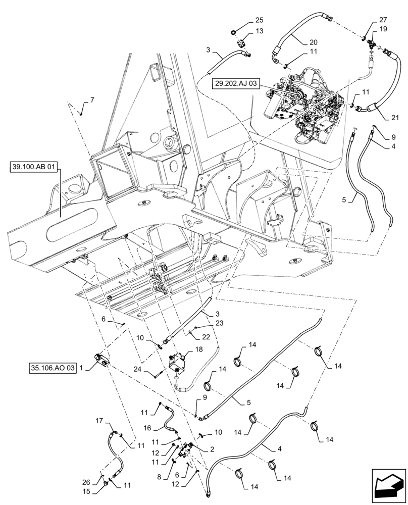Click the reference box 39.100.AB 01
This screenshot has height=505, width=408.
[x=34, y=168]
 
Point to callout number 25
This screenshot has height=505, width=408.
[x=259, y=20]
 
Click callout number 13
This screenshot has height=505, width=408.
[x=259, y=31]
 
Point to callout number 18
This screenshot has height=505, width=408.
[x=198, y=349]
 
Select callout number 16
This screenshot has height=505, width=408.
[x=147, y=427]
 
